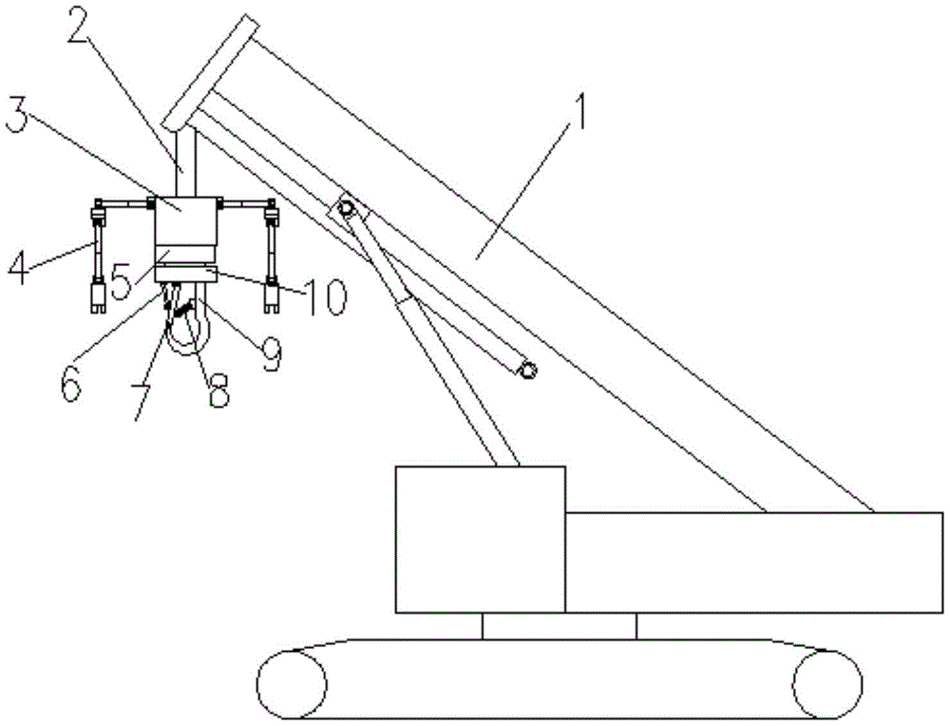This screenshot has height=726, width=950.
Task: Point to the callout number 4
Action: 18,267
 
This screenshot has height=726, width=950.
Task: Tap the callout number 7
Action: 144,402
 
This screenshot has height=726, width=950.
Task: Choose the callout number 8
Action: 218,389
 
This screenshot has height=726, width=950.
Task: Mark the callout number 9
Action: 270,353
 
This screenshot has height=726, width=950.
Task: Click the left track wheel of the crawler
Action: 292,683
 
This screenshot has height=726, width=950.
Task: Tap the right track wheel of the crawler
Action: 827,683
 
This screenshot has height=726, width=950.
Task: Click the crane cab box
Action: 481,540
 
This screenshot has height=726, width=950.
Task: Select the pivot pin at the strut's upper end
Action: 346,208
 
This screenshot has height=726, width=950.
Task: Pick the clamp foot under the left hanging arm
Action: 98,297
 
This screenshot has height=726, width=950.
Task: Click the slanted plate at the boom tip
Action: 212,73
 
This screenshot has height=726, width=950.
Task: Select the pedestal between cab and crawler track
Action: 560,626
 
